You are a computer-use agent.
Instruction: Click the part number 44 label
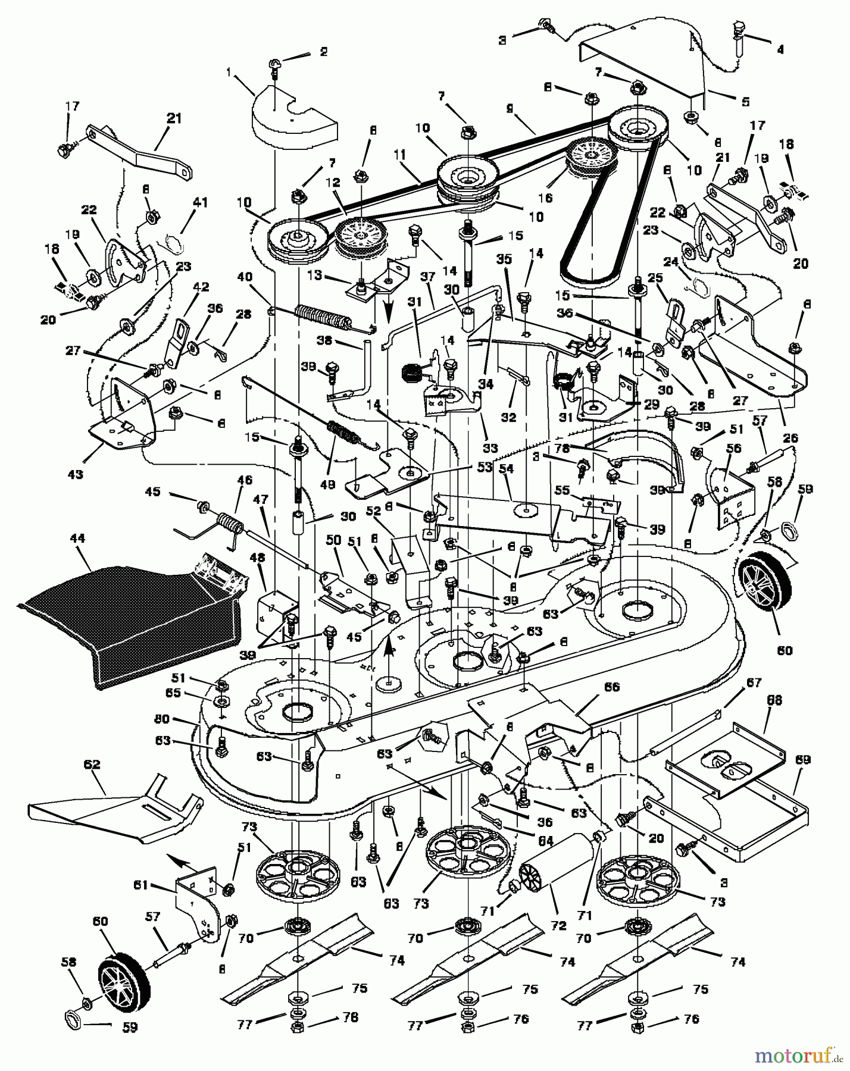(77, 538)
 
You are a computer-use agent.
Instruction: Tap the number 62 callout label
(93, 765)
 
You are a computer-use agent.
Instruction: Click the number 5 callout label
(745, 102)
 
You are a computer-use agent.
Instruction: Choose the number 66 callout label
(611, 687)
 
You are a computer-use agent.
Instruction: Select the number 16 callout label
(545, 198)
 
